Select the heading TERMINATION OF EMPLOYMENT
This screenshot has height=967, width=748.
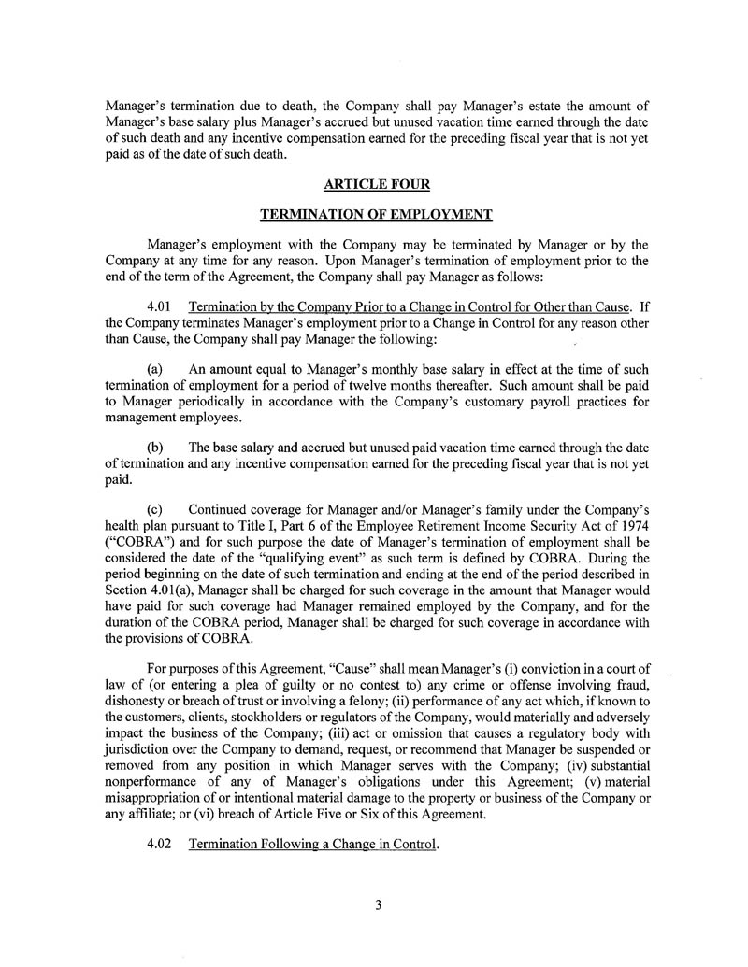pyautogui.click(x=375, y=215)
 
